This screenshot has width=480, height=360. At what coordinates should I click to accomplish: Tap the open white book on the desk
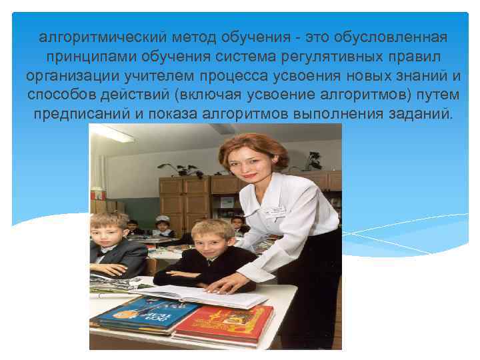point(200,293)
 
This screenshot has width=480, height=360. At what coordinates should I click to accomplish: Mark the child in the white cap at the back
point(162,225)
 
